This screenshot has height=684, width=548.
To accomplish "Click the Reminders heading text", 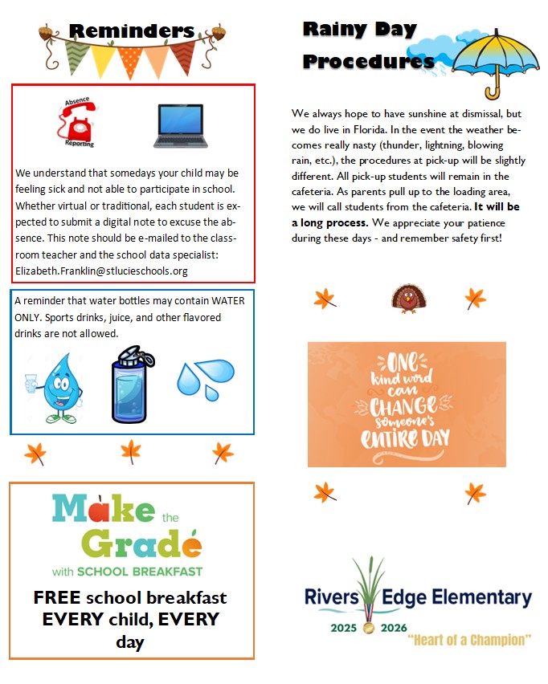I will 132,31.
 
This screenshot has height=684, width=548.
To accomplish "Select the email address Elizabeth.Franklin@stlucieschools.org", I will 101,271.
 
